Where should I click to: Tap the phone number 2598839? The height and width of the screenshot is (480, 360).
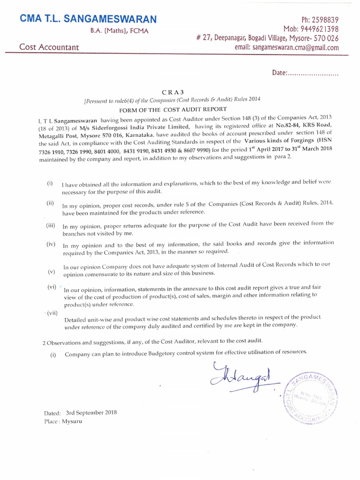pyautogui.click(x=324, y=20)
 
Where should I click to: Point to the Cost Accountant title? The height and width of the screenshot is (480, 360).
pyautogui.click(x=49, y=47)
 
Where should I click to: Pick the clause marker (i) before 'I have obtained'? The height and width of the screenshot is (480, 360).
pyautogui.click(x=50, y=183)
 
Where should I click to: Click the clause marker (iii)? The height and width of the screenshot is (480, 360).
pyautogui.click(x=51, y=225)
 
